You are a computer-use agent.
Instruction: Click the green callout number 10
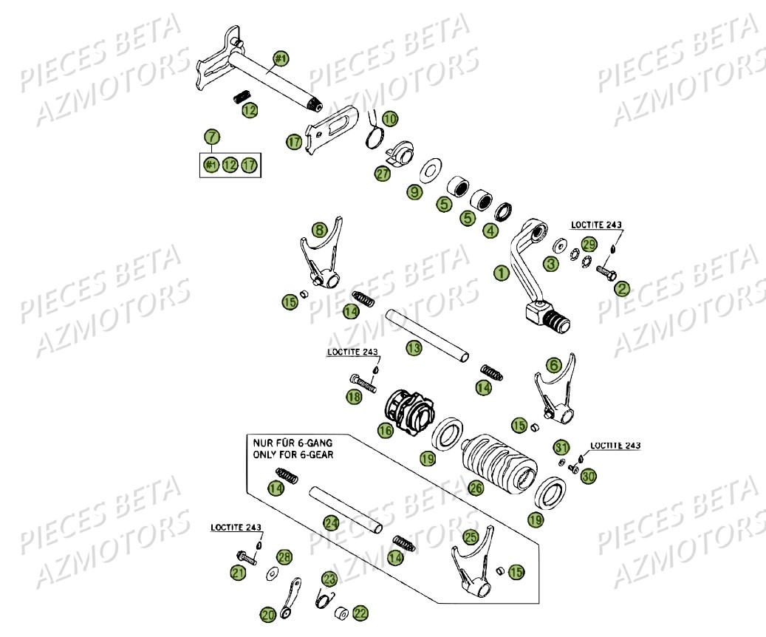[x=389, y=118]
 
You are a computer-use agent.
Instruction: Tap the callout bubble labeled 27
[x=381, y=174]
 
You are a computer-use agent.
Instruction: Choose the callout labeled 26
[x=475, y=488]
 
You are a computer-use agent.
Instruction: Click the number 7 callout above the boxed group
[x=212, y=137]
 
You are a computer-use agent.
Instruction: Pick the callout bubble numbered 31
[x=561, y=447]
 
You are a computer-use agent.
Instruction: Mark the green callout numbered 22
[x=360, y=613]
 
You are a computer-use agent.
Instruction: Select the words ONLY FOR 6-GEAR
[x=293, y=454]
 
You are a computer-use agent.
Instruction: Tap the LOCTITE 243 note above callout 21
[x=236, y=528]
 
